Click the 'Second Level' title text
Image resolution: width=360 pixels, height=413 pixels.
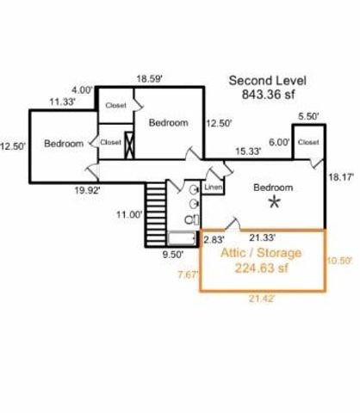267,81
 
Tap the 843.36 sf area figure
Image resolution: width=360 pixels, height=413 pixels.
268,95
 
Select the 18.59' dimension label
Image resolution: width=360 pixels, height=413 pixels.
149,78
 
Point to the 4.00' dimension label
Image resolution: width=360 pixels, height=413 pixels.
82,90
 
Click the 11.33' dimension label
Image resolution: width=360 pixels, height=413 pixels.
62,102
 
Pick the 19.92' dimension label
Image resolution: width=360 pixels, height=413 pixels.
87,190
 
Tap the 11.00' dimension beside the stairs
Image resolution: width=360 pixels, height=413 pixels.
129,214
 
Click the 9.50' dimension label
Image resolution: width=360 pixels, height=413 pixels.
173,255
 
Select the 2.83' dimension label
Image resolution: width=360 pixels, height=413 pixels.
214,239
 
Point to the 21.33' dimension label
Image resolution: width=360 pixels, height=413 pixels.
263,237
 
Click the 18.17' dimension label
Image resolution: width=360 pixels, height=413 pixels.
340,177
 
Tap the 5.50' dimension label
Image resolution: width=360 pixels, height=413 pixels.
308,116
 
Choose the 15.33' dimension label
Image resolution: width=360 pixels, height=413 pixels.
248,151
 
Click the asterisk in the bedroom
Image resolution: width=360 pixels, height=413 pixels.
275,202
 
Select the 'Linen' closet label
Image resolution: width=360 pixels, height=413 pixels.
214,188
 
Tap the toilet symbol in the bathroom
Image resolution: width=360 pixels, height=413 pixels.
192,220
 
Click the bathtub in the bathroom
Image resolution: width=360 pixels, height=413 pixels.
182,238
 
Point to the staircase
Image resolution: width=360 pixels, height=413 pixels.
156,214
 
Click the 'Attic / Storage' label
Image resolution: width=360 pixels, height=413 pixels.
261,253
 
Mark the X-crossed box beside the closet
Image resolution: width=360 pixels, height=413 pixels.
129,145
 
